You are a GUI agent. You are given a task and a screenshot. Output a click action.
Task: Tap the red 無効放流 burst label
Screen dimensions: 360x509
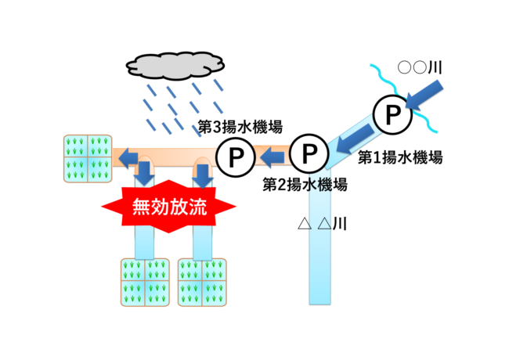[169, 207]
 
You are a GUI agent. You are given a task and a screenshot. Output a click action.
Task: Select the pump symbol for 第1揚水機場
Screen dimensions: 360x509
[390, 115]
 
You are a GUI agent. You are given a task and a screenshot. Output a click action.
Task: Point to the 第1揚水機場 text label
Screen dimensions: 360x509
[400, 157]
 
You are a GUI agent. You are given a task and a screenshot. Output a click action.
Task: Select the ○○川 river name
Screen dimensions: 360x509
[420, 67]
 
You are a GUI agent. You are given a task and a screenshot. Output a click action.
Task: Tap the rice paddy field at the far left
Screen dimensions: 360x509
[86, 155]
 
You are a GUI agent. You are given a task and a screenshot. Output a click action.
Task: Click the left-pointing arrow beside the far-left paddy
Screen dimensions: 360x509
[125, 160]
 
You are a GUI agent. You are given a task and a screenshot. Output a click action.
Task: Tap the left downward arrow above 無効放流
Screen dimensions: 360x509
[144, 173]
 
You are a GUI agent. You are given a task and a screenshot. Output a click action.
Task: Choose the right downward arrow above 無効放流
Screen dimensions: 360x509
[203, 173]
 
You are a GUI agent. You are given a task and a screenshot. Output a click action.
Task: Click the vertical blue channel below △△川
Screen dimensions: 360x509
[321, 266]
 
